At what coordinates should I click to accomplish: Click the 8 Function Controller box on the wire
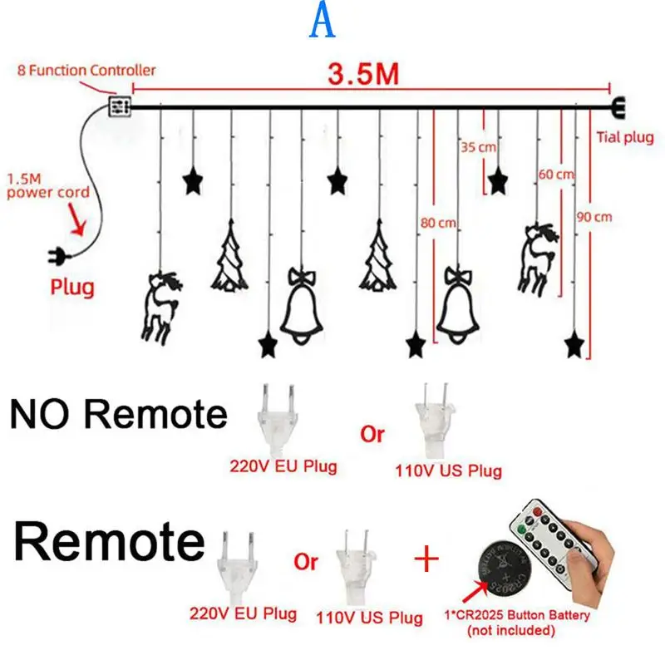(x=121, y=106)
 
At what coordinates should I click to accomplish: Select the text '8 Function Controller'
(x=86, y=71)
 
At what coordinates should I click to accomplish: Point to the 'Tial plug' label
(x=625, y=137)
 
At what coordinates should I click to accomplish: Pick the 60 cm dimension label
(x=557, y=175)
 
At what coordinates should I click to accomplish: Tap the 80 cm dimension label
(x=437, y=223)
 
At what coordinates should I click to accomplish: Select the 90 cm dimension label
(x=594, y=216)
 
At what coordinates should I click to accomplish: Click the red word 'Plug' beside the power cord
(x=72, y=288)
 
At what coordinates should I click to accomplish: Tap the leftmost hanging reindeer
(x=158, y=305)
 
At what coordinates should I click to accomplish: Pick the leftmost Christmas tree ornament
(x=230, y=255)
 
